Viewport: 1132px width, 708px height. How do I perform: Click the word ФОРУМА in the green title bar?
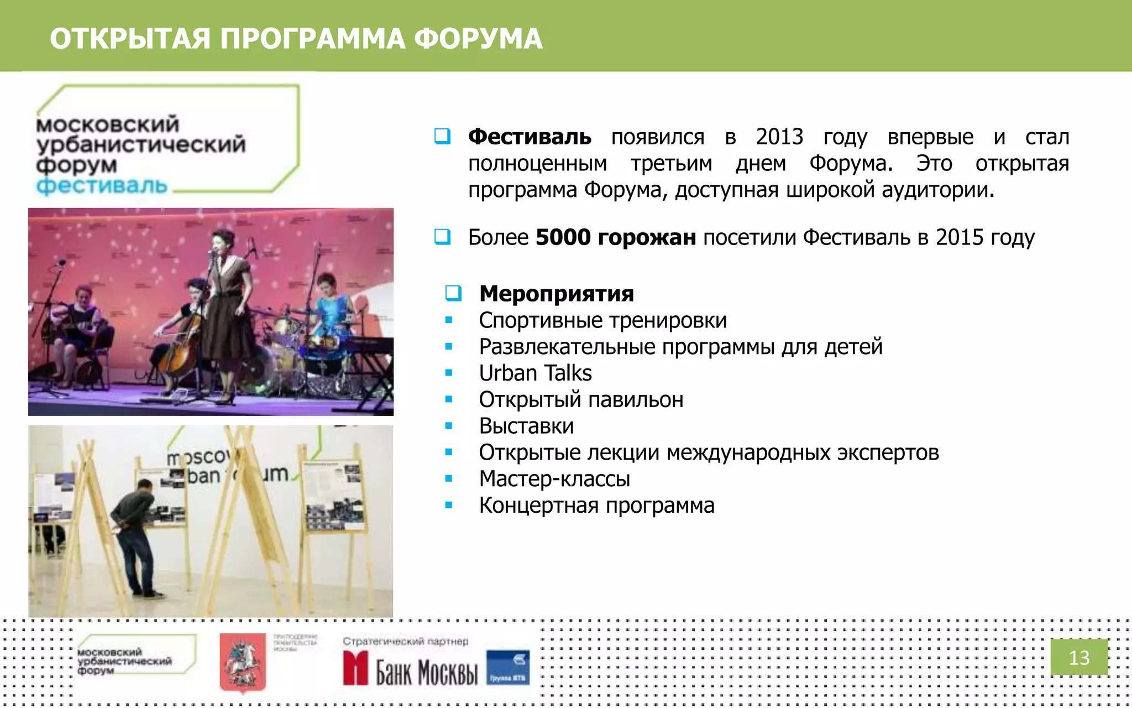(478, 39)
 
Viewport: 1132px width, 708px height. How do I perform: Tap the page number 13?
(1078, 658)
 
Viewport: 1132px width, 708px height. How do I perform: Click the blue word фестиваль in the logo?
(102, 186)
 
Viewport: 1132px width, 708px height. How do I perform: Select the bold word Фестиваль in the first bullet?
(529, 137)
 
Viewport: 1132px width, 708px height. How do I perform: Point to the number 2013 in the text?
(779, 137)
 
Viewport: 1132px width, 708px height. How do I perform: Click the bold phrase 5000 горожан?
(615, 237)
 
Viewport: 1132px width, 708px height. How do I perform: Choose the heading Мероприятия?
(556, 294)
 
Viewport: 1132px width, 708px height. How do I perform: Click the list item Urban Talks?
(535, 373)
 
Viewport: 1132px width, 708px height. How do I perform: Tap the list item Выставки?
(526, 426)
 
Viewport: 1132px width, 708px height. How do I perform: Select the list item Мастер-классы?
(554, 479)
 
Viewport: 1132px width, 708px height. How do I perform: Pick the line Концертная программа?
(596, 506)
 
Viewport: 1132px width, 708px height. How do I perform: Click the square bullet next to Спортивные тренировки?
(449, 320)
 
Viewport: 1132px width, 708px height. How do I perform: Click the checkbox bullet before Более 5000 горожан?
(442, 237)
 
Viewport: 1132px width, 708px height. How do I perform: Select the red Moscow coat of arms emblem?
(242, 662)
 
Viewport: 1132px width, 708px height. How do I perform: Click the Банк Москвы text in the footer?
(426, 672)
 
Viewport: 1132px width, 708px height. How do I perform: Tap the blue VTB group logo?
(507, 668)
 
